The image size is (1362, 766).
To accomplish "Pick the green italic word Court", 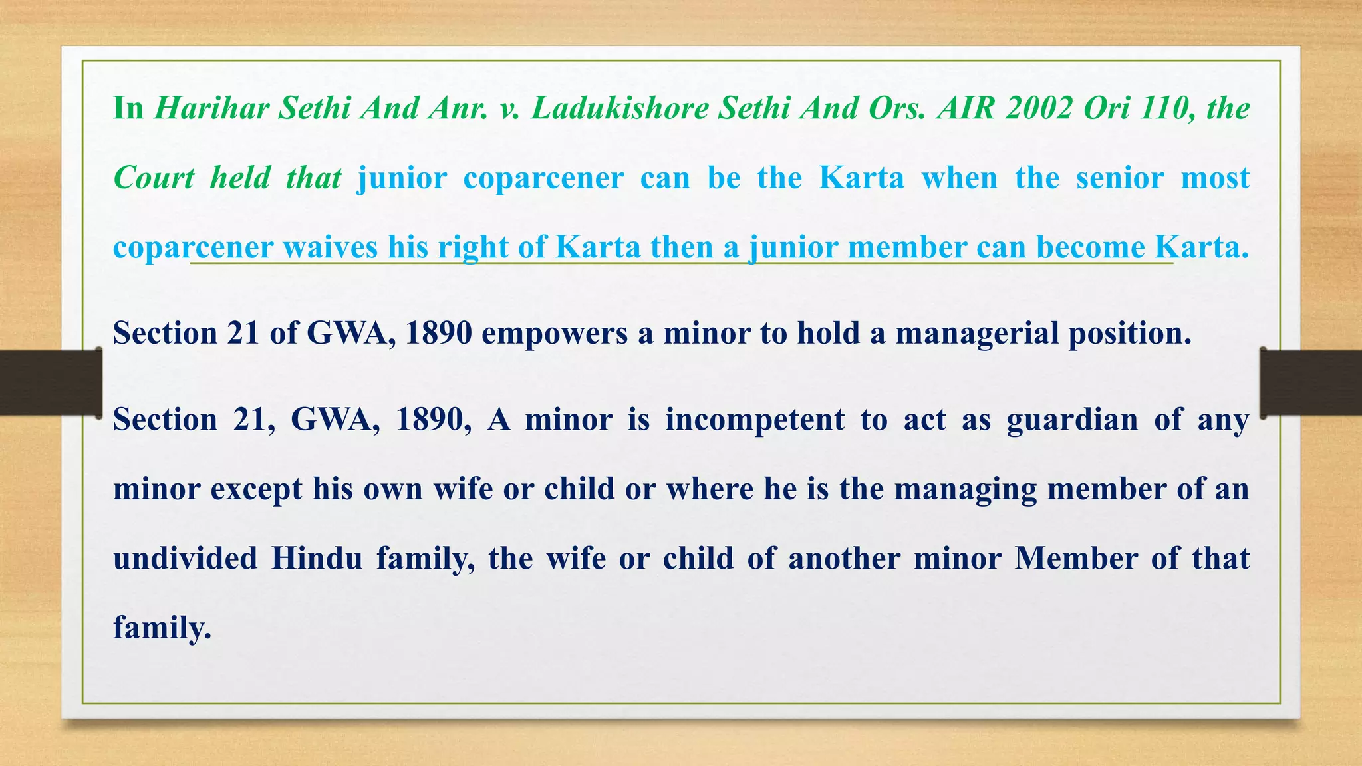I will (x=154, y=178).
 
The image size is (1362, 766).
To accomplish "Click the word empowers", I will (x=555, y=333).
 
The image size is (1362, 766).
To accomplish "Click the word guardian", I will (x=1072, y=420).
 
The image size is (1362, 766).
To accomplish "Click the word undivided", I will (x=185, y=558).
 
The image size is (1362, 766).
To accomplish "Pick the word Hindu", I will (x=317, y=558).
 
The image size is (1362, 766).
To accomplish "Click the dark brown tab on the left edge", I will (x=51, y=382).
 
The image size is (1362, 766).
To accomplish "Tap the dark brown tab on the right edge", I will (x=1311, y=382).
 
